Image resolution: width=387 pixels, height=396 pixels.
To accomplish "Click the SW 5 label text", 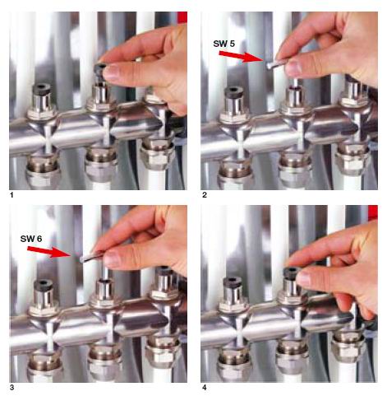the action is (x=223, y=44).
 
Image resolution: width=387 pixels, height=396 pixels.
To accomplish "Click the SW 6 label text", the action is (x=31, y=239).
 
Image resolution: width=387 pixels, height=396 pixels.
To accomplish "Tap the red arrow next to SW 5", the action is (x=241, y=57).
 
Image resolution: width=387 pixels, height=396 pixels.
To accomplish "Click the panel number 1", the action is (x=12, y=195).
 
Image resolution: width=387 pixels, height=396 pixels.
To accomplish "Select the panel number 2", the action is (x=205, y=195).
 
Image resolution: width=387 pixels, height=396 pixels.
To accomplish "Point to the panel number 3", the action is (x=12, y=387).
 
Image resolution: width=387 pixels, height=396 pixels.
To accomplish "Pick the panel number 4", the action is (x=205, y=387).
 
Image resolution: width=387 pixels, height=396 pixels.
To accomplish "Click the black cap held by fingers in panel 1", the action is (x=101, y=70).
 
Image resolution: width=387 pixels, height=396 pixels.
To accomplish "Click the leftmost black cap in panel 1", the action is (x=42, y=90).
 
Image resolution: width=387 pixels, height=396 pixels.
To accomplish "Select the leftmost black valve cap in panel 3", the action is (x=44, y=286).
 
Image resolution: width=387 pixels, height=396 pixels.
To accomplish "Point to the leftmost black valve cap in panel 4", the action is (x=233, y=282).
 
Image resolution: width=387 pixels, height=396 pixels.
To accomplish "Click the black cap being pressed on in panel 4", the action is (x=292, y=273).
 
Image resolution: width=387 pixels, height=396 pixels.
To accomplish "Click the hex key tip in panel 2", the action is (x=269, y=65).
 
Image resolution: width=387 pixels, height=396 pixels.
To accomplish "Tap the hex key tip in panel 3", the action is (x=83, y=259).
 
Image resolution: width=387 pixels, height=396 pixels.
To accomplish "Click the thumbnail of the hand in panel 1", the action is (x=113, y=72).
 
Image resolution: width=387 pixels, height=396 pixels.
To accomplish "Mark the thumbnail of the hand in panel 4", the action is (x=306, y=278).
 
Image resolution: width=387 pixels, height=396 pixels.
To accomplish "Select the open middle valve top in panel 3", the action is (x=105, y=282).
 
